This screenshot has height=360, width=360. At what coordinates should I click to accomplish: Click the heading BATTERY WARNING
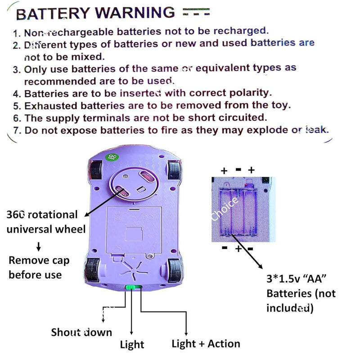pos(95,13)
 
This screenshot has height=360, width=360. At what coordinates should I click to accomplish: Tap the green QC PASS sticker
pos(109,158)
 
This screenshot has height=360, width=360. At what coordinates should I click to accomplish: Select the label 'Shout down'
pos(81,333)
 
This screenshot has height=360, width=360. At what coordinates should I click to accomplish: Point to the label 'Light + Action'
pos(206,344)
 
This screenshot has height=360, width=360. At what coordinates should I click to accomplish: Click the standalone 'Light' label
pos(132,345)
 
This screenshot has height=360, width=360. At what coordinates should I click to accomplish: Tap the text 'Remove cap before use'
pos(35,267)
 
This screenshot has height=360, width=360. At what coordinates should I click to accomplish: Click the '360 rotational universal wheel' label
pos(46,222)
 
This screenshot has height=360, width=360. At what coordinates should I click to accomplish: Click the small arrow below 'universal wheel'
pos(38,246)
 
